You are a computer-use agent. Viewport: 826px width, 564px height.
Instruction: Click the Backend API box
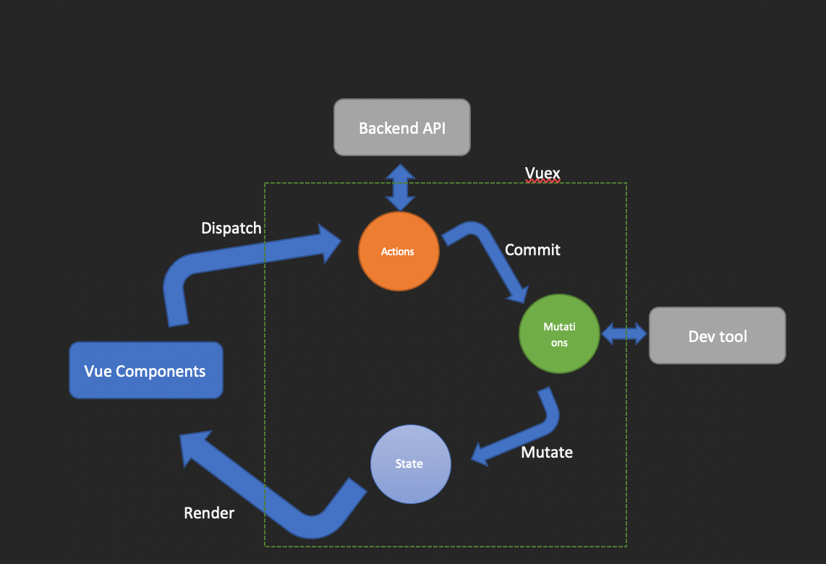point(401,127)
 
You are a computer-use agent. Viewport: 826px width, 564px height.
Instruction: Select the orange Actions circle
point(399,251)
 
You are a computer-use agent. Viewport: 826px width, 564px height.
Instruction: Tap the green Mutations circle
point(559,333)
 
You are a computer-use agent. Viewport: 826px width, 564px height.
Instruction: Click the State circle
point(410,463)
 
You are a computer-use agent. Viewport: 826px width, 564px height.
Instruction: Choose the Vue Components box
point(145,370)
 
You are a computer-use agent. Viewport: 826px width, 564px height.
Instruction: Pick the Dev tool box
point(717,336)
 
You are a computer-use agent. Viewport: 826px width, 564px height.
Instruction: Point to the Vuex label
point(542,173)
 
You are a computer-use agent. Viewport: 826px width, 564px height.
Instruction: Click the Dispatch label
point(231,228)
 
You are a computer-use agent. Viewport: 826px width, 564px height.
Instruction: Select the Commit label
point(532,249)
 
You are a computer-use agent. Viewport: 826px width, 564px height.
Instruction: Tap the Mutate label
point(547,452)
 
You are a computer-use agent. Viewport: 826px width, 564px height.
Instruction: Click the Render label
point(209,513)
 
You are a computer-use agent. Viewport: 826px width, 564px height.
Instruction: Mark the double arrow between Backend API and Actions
point(400,187)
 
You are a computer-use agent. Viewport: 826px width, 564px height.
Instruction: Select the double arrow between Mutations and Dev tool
point(625,333)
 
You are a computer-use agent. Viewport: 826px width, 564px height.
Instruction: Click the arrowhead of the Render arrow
point(194,445)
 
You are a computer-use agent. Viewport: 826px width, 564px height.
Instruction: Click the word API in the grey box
point(432,128)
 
